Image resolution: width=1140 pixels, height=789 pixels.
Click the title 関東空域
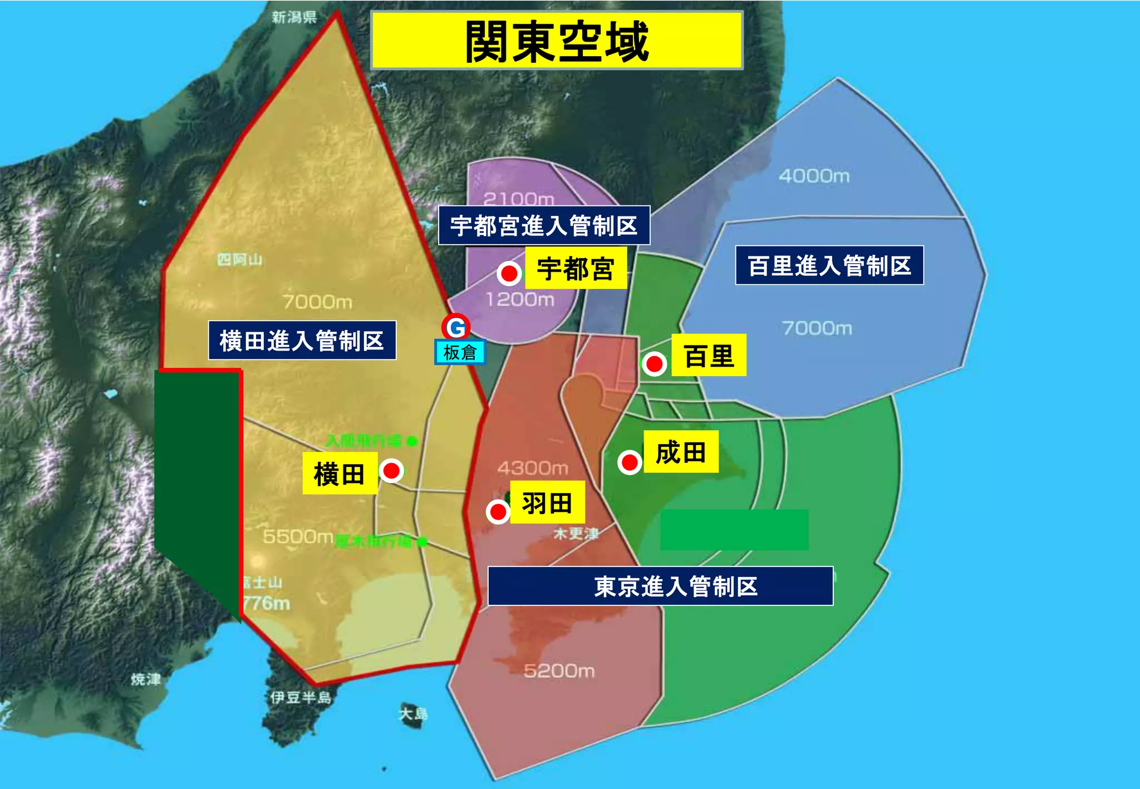(557, 41)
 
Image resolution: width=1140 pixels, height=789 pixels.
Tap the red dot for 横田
(391, 471)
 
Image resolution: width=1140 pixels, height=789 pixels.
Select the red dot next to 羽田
(498, 511)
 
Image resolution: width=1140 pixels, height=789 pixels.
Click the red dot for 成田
(630, 462)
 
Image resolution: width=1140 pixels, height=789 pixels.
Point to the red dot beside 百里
(654, 364)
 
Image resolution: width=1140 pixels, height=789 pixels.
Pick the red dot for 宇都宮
(509, 273)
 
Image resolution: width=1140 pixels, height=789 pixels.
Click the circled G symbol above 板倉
(456, 327)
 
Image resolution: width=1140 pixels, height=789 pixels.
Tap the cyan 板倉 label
(460, 352)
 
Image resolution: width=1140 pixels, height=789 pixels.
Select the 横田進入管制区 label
(302, 341)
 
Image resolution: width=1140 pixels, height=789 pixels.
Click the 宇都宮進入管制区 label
(544, 225)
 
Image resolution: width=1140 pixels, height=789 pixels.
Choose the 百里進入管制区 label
(829, 265)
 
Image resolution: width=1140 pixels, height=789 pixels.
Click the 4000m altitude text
(814, 176)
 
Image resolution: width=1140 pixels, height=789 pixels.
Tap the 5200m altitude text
(559, 671)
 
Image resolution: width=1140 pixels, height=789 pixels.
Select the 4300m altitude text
(533, 468)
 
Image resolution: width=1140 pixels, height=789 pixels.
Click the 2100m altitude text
(518, 199)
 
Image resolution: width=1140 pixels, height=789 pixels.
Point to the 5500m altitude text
(298, 536)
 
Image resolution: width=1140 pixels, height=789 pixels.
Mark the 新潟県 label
(294, 17)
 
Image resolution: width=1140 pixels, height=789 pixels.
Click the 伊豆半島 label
(301, 697)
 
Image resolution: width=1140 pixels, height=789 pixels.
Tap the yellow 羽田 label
(547, 502)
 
